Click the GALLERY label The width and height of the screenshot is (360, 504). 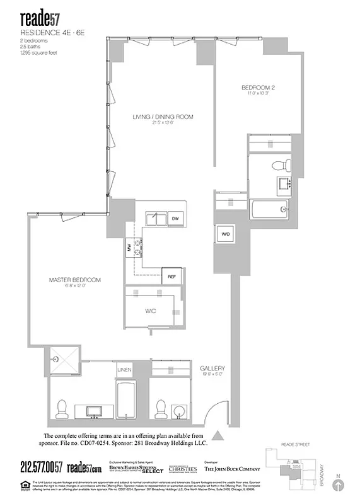click(212, 369)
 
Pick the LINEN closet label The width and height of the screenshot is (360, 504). click(125, 370)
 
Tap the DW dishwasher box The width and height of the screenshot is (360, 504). click(175, 218)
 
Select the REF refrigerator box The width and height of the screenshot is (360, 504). click(171, 277)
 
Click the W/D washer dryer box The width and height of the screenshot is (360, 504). click(225, 235)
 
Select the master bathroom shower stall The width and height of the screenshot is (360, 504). click(63, 360)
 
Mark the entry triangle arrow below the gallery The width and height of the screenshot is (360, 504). click(218, 435)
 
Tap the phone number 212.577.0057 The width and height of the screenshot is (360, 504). click(41, 467)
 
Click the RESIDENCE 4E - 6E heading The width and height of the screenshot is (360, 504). click(46, 30)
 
